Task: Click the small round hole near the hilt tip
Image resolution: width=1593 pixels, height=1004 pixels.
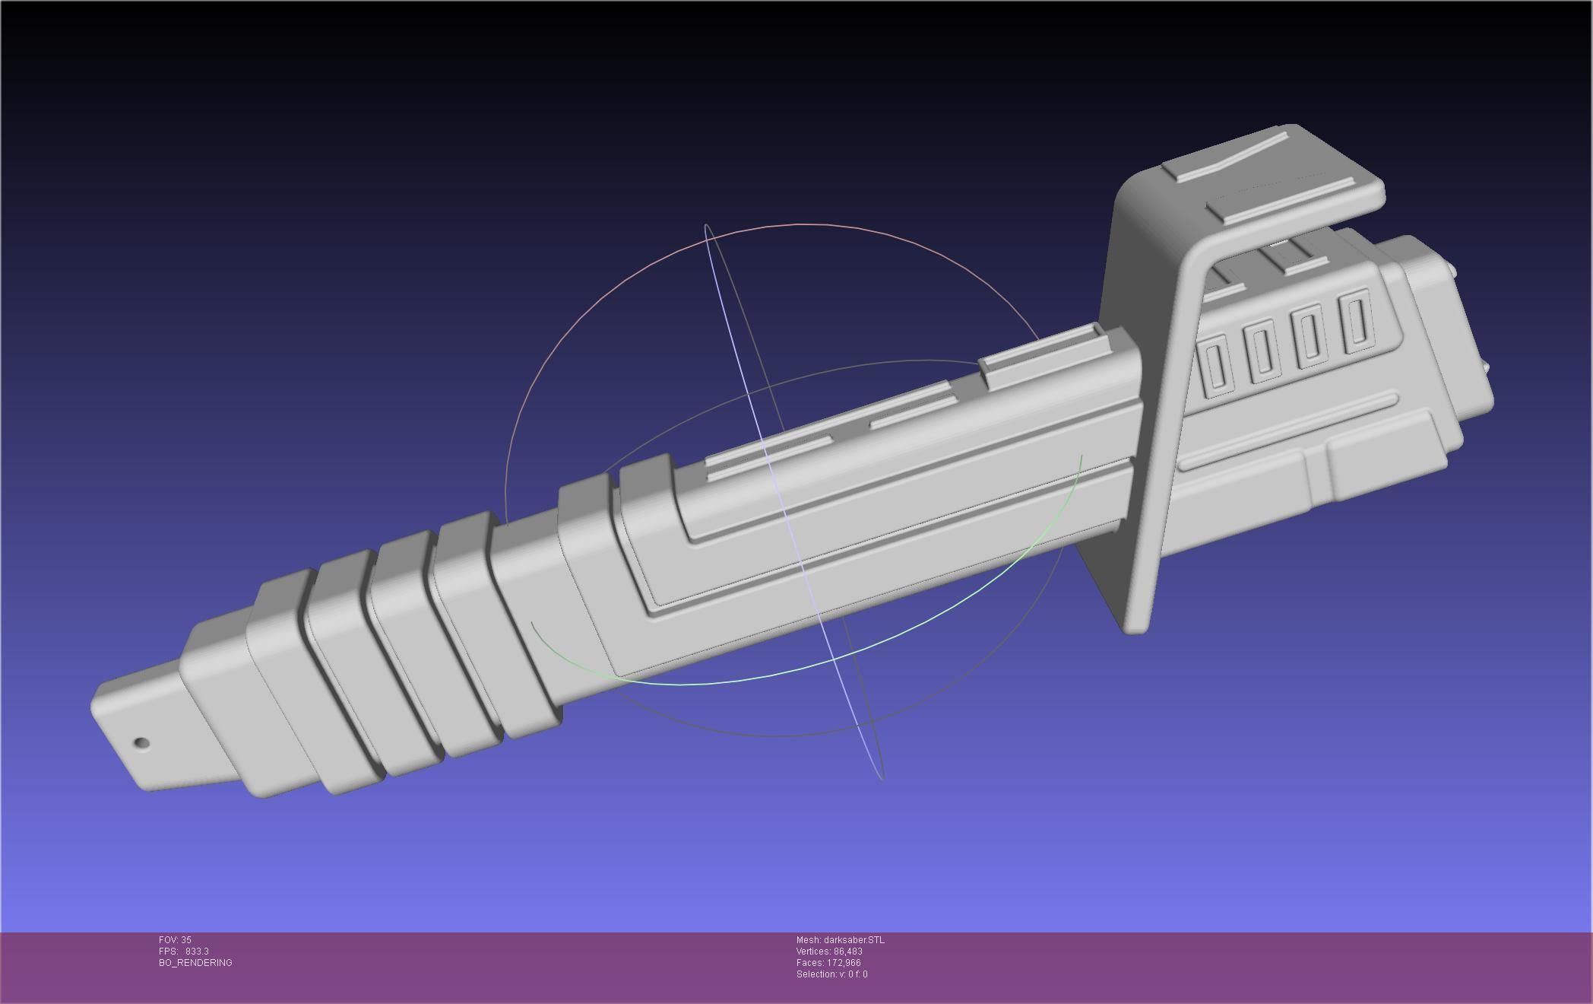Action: click(x=141, y=743)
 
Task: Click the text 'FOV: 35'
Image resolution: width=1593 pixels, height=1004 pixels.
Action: click(x=175, y=940)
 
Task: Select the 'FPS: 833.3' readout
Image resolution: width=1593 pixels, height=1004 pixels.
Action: click(x=184, y=952)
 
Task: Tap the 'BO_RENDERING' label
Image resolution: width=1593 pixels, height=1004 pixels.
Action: click(x=195, y=963)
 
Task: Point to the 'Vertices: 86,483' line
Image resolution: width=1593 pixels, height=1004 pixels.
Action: click(x=829, y=952)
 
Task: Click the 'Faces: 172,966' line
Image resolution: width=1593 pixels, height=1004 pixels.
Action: click(x=828, y=963)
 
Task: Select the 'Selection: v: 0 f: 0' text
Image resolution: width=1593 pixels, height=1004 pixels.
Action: click(x=831, y=974)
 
